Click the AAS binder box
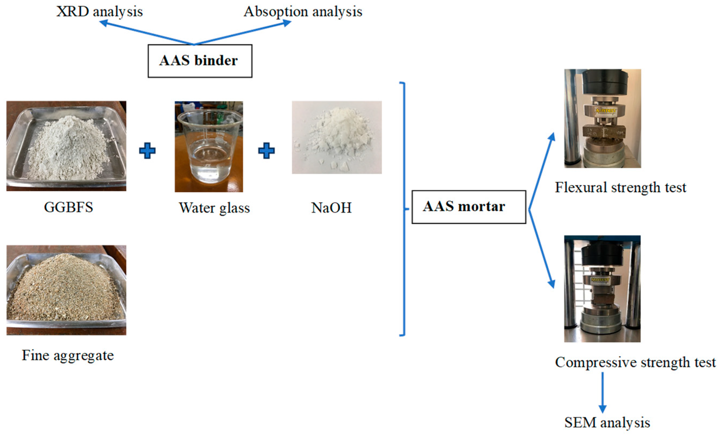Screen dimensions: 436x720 pos(200,61)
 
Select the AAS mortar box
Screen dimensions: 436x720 pos(469,207)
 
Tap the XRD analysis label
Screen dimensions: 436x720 pos(99,12)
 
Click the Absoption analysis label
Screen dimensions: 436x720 pos(303,12)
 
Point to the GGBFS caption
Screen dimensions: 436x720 pos(68,207)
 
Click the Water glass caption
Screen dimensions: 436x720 pos(214,208)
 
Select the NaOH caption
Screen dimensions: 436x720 pos(331,208)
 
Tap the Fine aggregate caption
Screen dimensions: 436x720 pos(68,355)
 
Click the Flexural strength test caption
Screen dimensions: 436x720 pos(620,187)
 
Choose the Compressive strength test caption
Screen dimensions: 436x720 pos(635,362)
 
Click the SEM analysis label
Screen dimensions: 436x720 pos(607,423)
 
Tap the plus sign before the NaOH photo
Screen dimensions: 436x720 pos(266,151)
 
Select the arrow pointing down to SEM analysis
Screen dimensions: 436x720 pos(602,392)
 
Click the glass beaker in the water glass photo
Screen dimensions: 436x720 pos(210,146)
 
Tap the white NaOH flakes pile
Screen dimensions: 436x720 pos(336,134)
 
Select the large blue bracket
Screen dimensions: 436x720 pos(403,209)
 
